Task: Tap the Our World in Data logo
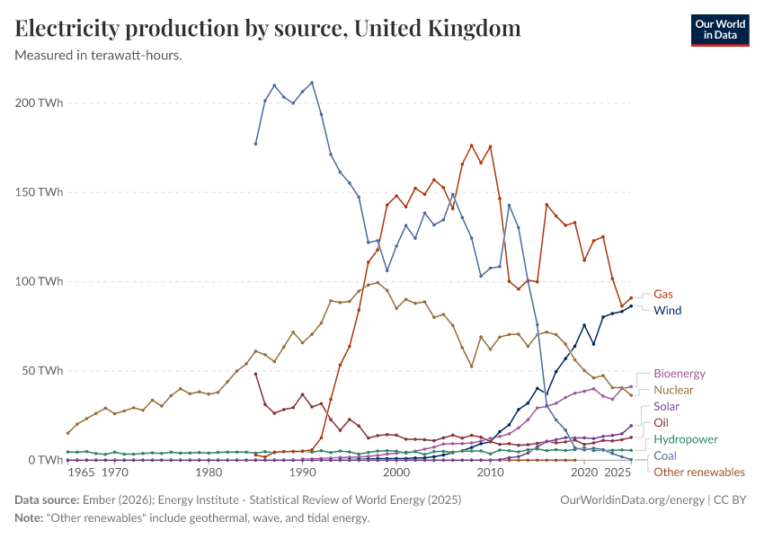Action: pos(719,30)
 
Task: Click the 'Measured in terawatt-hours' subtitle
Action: pos(99,55)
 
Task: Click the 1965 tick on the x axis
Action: pos(81,473)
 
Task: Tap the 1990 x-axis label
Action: pos(302,473)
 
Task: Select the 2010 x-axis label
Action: pos(490,473)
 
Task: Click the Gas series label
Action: pos(662,294)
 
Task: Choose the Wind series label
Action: pos(667,311)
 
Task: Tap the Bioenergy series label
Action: pos(680,373)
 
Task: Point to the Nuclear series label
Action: pos(674,390)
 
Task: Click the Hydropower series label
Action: pos(686,439)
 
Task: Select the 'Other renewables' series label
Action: pos(698,472)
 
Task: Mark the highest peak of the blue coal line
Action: pos(311,83)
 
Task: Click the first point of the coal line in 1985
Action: pos(255,144)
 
